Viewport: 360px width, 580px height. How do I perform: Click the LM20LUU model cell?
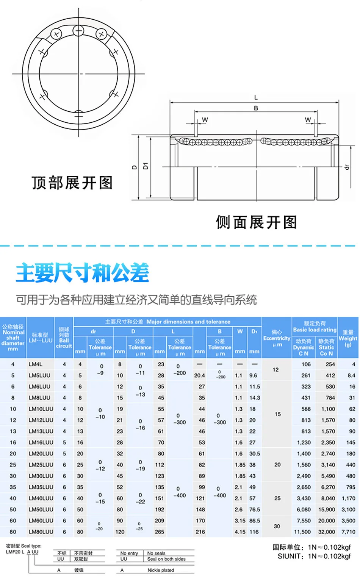pyautogui.click(x=41, y=453)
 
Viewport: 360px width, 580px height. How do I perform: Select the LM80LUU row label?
pyautogui.click(x=41, y=532)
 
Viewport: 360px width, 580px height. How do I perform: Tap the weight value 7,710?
pyautogui.click(x=348, y=532)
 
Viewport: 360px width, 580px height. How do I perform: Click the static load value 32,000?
pyautogui.click(x=326, y=532)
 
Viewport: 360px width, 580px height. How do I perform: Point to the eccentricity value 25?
pyautogui.click(x=277, y=498)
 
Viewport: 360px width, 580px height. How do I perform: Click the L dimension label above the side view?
pyautogui.click(x=256, y=97)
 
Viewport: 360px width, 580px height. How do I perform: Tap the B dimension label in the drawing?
pyautogui.click(x=256, y=108)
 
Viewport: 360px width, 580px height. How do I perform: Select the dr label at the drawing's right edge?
pyautogui.click(x=346, y=167)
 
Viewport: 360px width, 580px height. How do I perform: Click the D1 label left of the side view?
pyautogui.click(x=146, y=166)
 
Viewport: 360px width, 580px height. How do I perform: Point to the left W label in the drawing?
pyautogui.click(x=205, y=120)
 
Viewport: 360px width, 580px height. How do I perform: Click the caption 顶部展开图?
pyautogui.click(x=72, y=183)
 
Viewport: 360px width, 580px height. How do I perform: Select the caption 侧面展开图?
pyautogui.click(x=256, y=222)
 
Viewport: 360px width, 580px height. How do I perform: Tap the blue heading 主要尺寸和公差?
pyautogui.click(x=83, y=273)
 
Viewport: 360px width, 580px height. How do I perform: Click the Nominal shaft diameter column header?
pyautogui.click(x=13, y=338)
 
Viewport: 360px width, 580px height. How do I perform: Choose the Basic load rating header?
pyautogui.click(x=315, y=327)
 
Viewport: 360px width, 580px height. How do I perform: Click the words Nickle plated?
pyautogui.click(x=161, y=570)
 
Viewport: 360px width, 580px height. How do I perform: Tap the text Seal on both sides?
pyautogui.click(x=166, y=559)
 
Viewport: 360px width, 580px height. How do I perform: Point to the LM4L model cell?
pyautogui.click(x=35, y=364)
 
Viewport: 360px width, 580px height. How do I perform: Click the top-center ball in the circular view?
pyautogui.click(x=78, y=31)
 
